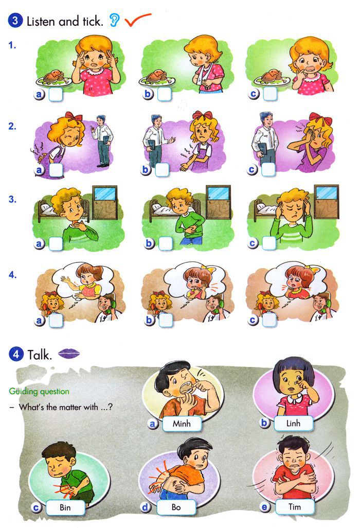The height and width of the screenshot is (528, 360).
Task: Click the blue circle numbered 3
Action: point(16,21)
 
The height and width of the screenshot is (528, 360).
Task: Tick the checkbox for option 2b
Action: point(163,169)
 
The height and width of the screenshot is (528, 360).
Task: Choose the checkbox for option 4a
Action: point(56,321)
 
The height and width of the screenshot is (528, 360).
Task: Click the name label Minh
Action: point(181,424)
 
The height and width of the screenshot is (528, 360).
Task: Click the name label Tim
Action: point(295,507)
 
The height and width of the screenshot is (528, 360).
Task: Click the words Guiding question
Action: point(39,391)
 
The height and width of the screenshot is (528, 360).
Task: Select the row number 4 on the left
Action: point(13,274)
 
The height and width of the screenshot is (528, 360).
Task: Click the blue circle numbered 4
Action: point(16,354)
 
